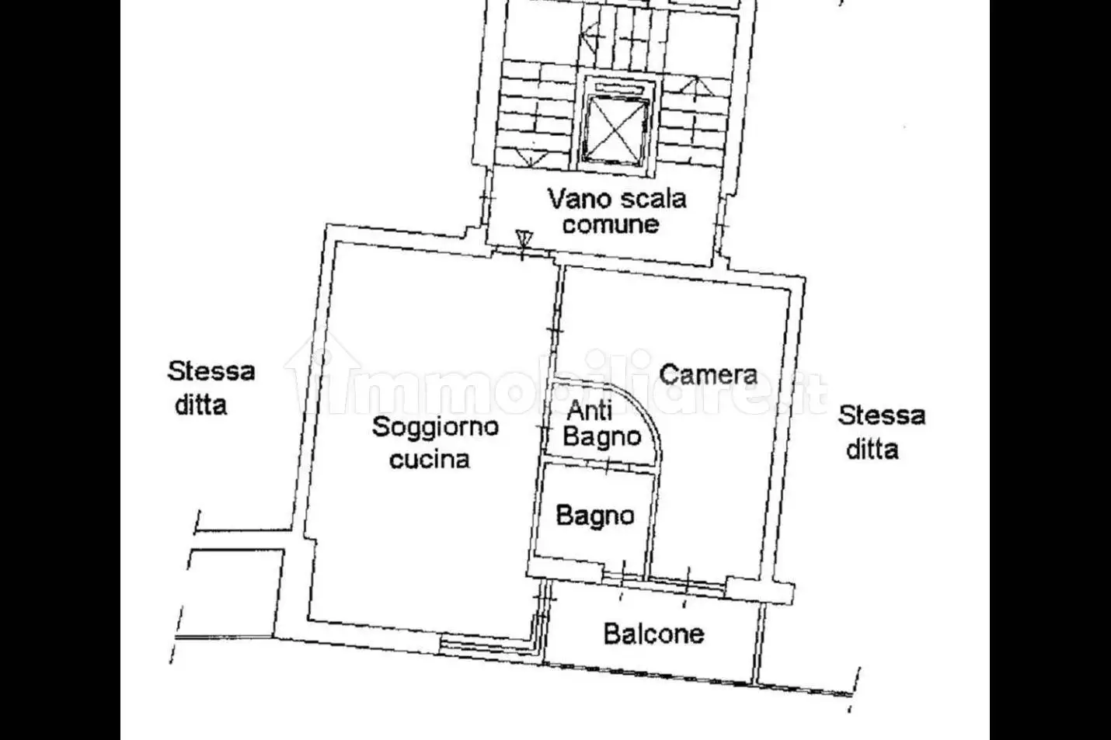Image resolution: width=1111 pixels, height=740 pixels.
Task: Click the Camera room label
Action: (x=708, y=374)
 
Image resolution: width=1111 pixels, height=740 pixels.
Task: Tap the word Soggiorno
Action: (x=435, y=426)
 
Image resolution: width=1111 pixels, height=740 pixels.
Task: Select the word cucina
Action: (x=430, y=459)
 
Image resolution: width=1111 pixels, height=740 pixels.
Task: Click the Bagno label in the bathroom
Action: (x=595, y=516)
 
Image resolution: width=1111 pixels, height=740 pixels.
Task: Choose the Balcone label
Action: (x=653, y=634)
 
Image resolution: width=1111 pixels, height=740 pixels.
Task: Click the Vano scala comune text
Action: (x=616, y=210)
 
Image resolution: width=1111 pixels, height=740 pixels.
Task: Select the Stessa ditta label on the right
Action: (x=881, y=432)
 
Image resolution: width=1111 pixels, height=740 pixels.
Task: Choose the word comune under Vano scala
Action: (x=611, y=224)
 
